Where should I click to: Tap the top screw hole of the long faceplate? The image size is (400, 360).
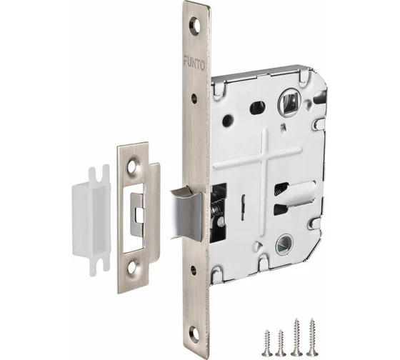coord(196,26)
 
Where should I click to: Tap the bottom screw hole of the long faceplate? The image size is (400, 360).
coord(195,333)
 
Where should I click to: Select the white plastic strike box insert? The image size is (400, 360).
coord(91,221)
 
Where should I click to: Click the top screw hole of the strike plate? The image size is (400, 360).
coord(134,166)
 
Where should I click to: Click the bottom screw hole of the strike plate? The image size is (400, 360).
coord(133,266)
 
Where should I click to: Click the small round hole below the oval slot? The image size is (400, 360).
coord(228,120)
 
